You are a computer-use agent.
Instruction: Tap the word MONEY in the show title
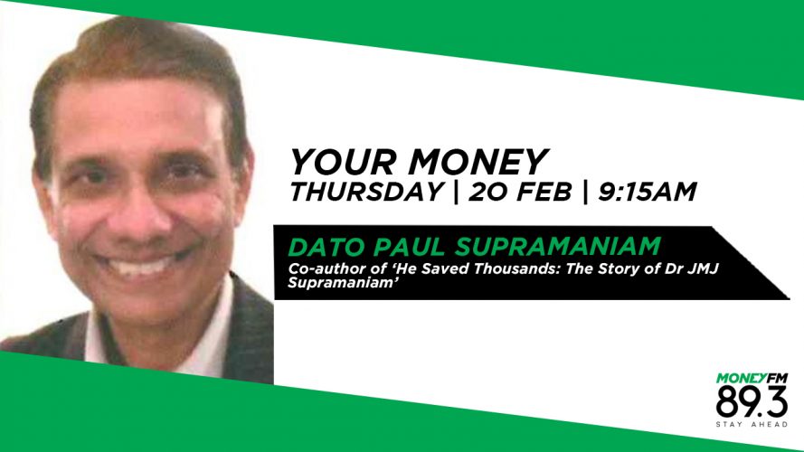tap(478, 163)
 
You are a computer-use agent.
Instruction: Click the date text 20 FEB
tap(519, 192)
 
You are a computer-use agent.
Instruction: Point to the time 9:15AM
tap(648, 192)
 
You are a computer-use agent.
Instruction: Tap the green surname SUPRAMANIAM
tap(558, 247)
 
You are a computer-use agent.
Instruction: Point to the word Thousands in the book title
tap(515, 269)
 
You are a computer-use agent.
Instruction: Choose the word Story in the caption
tap(620, 269)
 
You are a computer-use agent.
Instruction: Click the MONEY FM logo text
tap(752, 379)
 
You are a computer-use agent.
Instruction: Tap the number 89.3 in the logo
tap(752, 402)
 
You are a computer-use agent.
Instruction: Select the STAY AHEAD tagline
tap(752, 424)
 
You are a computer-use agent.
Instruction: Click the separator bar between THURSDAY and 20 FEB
tap(456, 193)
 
